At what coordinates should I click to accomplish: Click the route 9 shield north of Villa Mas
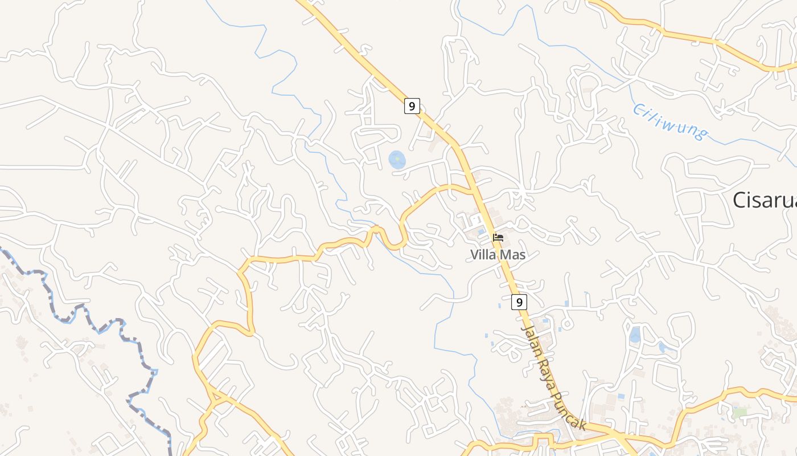point(412,105)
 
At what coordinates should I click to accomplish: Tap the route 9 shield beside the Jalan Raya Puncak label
point(519,302)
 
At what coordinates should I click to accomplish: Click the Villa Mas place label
point(498,255)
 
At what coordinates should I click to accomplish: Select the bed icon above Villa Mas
point(498,237)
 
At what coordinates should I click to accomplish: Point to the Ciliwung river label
point(671,121)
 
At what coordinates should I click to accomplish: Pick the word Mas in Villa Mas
point(512,255)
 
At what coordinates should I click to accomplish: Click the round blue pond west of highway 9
point(397,160)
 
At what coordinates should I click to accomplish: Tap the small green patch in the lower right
point(739,412)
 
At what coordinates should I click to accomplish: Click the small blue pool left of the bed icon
point(482,232)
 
